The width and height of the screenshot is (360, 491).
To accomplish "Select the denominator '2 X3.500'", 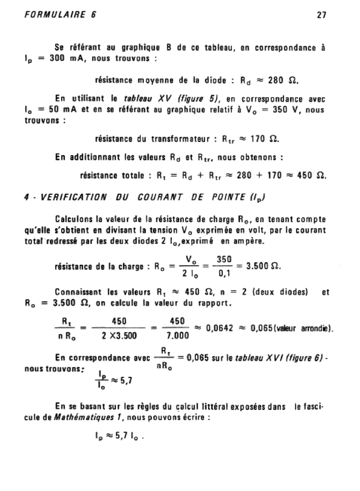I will tap(118, 336).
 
